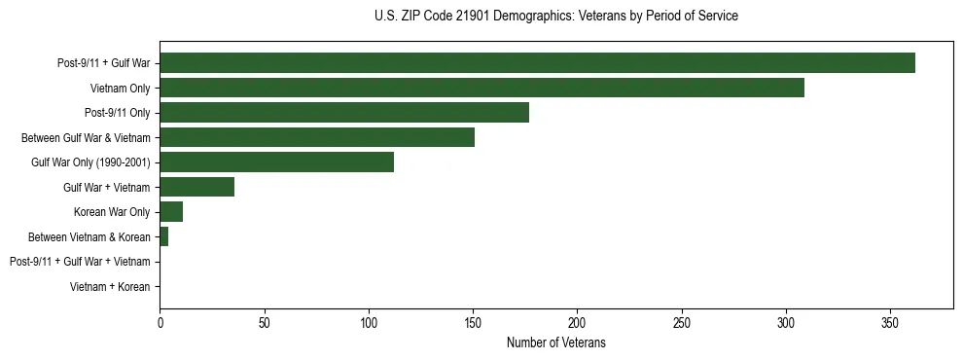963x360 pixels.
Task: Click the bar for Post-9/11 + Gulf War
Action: (x=537, y=63)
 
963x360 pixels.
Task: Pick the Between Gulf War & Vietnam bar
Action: (x=317, y=137)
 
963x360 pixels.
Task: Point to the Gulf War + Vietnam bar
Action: (x=196, y=187)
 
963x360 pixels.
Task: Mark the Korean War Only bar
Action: (x=171, y=212)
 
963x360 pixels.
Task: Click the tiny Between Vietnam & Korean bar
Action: (x=163, y=236)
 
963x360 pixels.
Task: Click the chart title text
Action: (x=555, y=17)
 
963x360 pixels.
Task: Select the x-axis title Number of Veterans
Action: (x=555, y=343)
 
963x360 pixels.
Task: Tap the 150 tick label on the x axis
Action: (x=473, y=323)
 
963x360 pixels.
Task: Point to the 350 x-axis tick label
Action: (x=890, y=323)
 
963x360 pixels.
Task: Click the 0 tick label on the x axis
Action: (x=160, y=323)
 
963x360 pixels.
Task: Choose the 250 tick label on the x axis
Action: (x=682, y=323)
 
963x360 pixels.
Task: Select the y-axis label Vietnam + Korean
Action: (x=110, y=287)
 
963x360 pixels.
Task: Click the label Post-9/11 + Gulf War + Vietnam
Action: (x=80, y=262)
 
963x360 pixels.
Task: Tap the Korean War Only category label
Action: (x=112, y=212)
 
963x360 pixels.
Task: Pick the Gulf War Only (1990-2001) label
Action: (x=90, y=162)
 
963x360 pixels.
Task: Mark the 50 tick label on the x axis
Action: (x=264, y=323)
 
